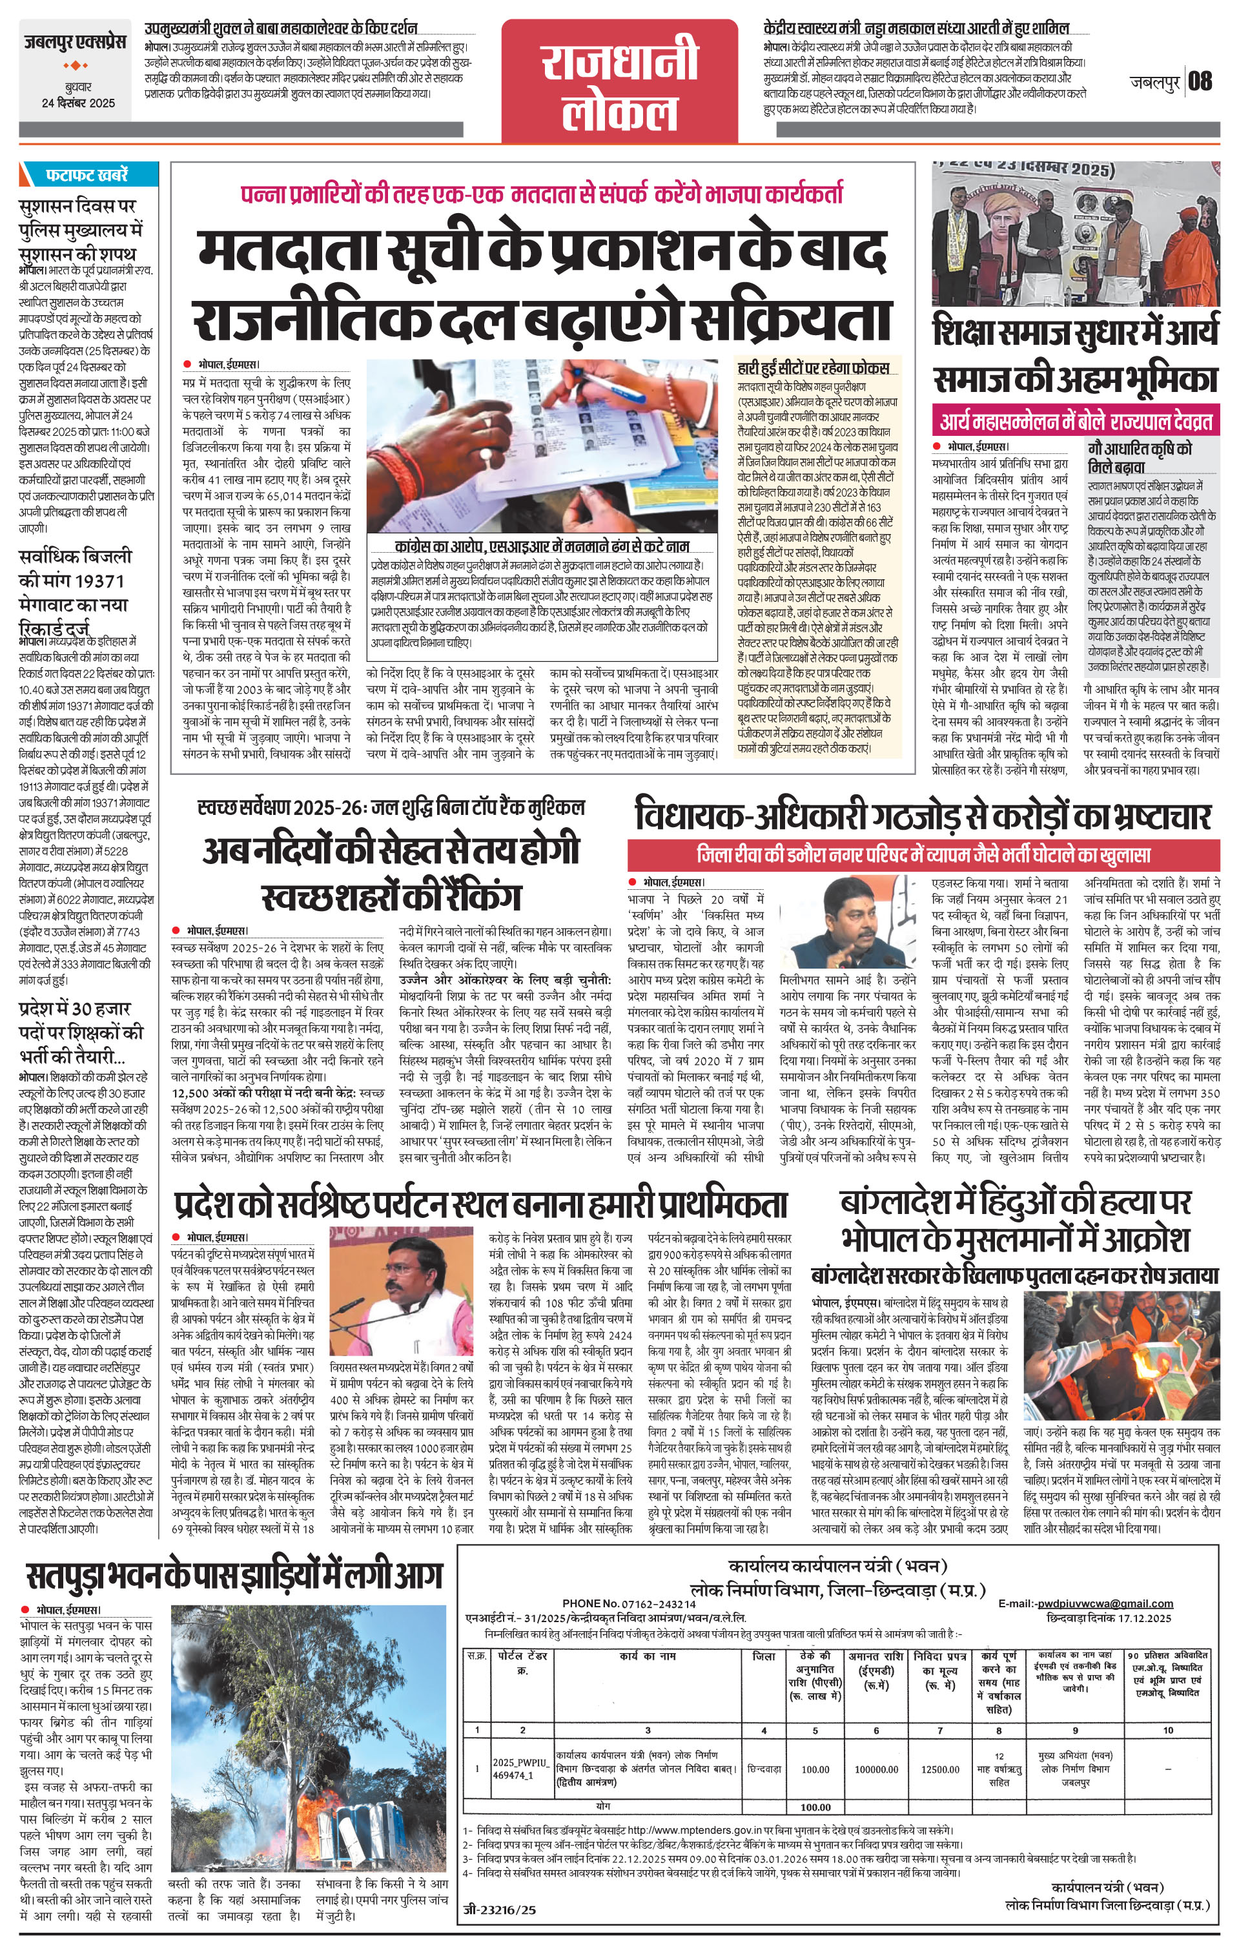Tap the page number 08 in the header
click(1200, 81)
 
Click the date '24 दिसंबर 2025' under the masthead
click(79, 103)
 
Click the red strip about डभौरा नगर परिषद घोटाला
click(923, 854)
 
